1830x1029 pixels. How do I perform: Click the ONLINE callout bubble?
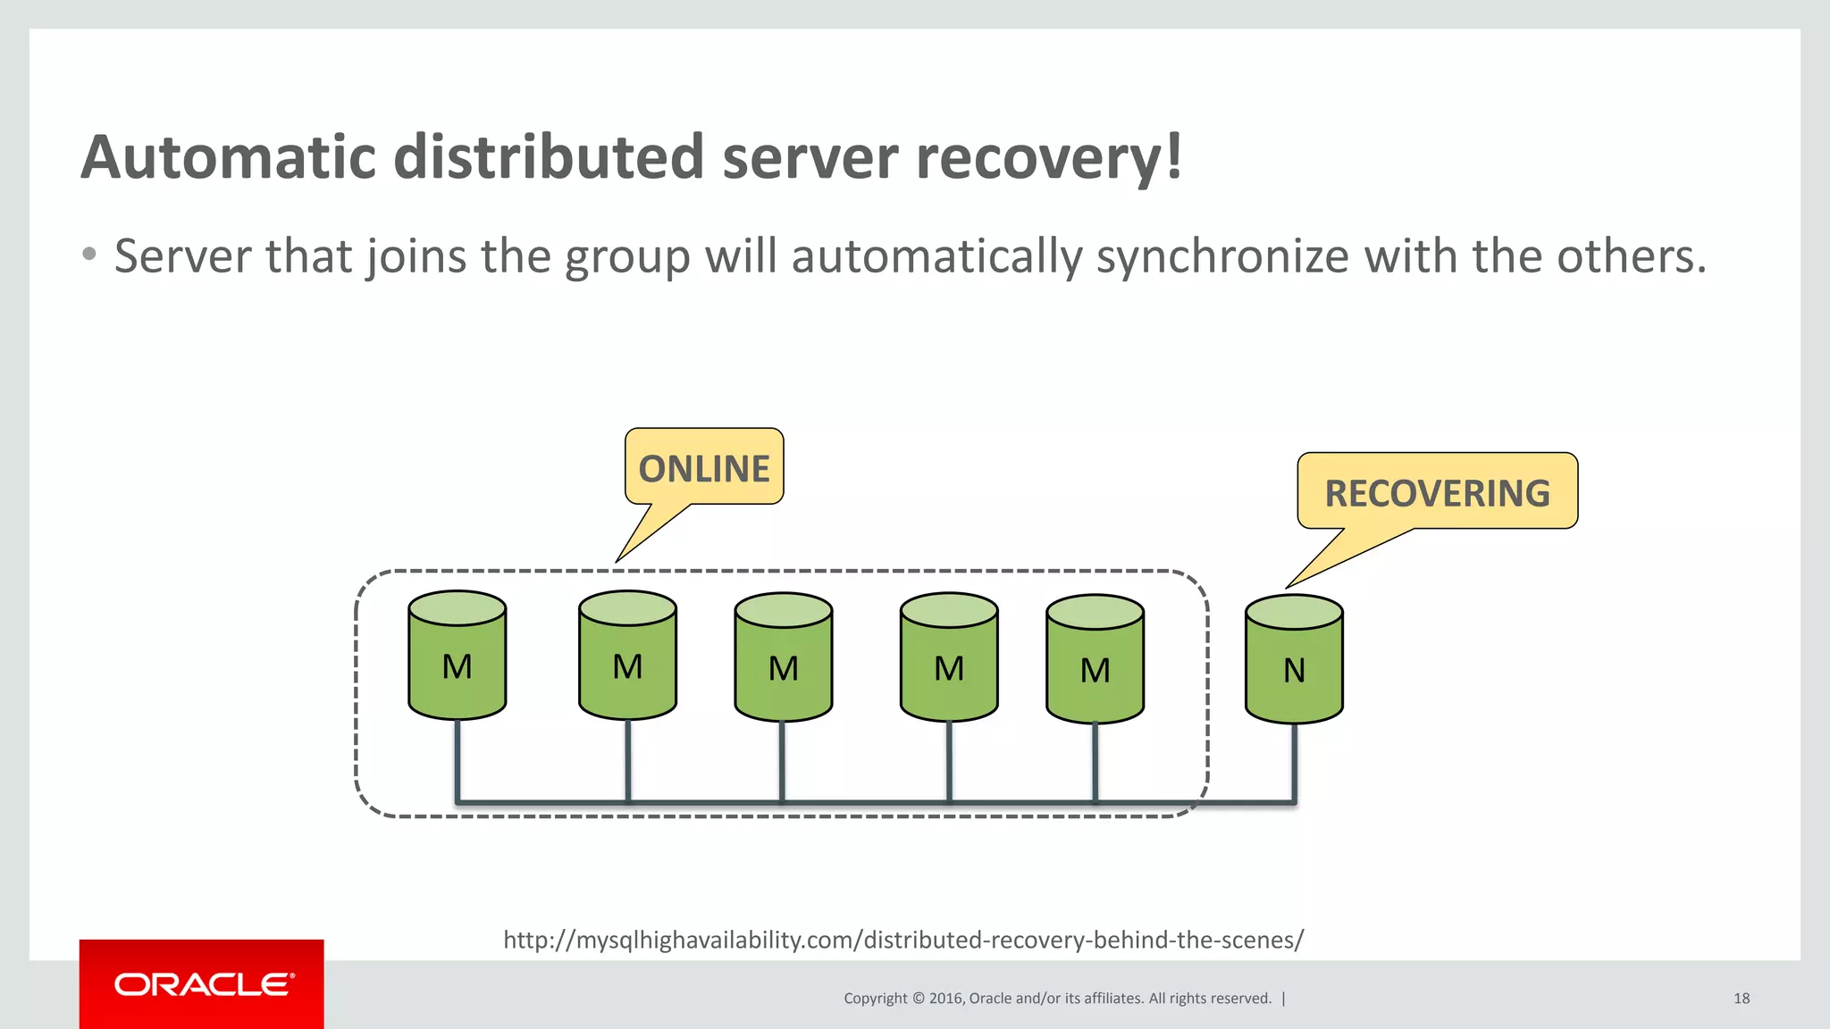pyautogui.click(x=704, y=467)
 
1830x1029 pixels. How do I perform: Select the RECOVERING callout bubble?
pyautogui.click(x=1437, y=491)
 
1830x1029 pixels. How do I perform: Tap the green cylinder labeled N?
pyautogui.click(x=1294, y=661)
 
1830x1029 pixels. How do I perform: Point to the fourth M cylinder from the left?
pyautogui.click(x=948, y=660)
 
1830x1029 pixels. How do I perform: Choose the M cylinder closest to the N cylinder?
pyautogui.click(x=1095, y=662)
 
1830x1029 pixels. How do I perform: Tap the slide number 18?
pyautogui.click(x=1741, y=999)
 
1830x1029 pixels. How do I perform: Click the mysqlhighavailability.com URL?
pyautogui.click(x=902, y=940)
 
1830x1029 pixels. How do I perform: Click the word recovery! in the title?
pyautogui.click(x=1049, y=157)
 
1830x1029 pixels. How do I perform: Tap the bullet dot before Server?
pyautogui.click(x=88, y=255)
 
